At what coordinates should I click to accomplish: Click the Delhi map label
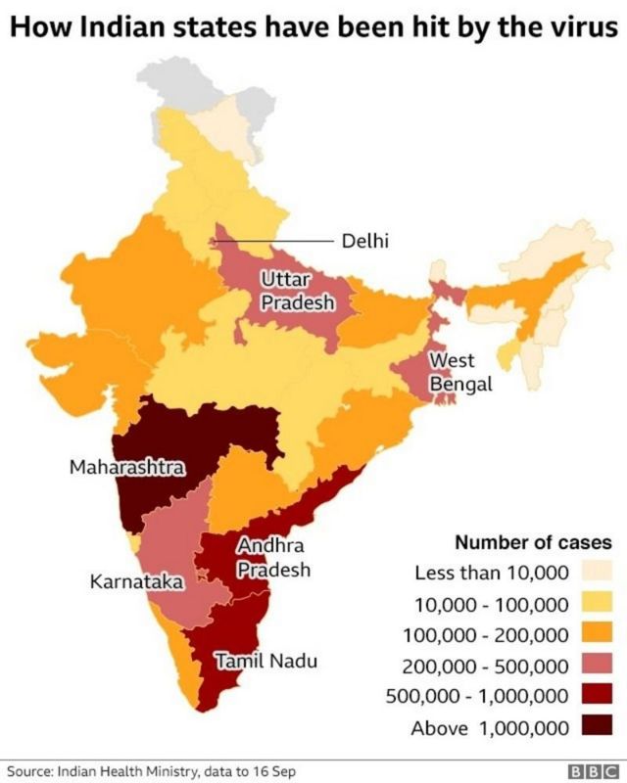(365, 241)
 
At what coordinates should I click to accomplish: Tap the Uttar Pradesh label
(298, 292)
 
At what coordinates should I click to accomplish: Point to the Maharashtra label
(126, 468)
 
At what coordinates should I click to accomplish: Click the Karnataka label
(136, 581)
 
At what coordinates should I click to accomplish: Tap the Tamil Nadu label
(266, 662)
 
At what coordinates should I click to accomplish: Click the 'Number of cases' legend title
(533, 541)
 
